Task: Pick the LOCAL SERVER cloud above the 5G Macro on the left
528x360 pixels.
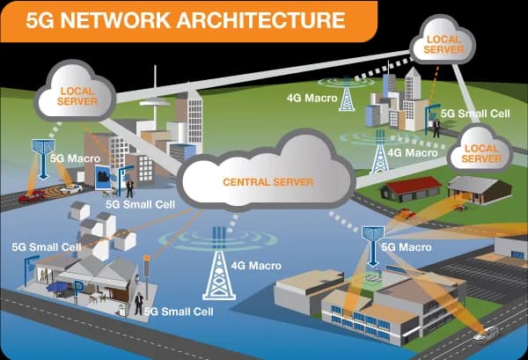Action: coord(77,95)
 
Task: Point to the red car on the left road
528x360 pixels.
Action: coord(33,196)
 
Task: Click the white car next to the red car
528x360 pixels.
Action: coord(70,188)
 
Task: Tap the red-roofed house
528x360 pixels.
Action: coord(410,188)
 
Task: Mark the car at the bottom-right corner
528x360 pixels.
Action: coord(485,334)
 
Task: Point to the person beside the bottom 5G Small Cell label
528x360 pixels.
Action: coord(138,304)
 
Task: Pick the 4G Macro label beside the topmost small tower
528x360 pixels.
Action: coord(314,97)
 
